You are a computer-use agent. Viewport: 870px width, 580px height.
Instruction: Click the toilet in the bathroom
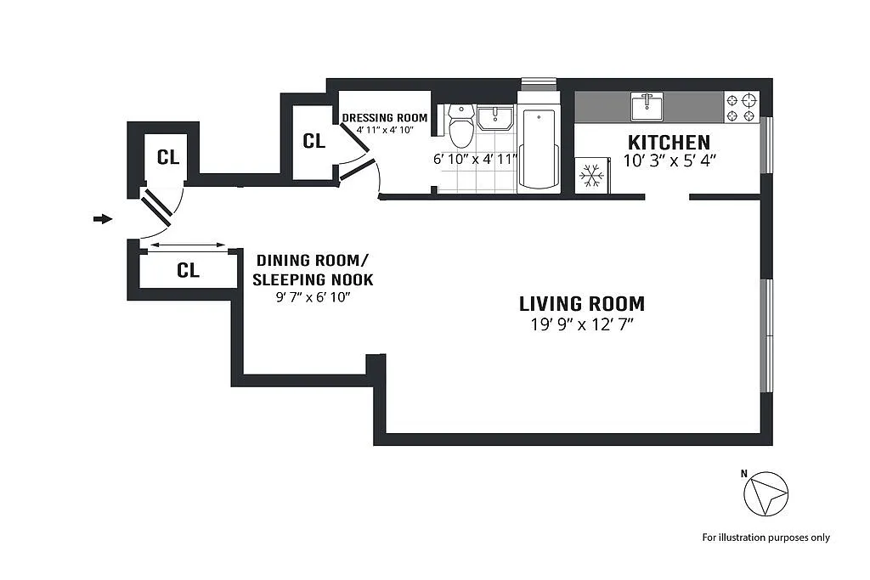coord(460,126)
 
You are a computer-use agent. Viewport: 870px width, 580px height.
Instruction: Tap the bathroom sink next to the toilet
coord(495,118)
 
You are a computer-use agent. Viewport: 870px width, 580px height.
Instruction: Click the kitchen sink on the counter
coord(647,106)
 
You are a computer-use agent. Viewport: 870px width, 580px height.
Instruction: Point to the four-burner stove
coord(741,108)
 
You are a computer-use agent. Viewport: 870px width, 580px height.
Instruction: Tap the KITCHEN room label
coord(669,143)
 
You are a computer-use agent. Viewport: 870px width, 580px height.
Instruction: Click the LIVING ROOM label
coord(582,304)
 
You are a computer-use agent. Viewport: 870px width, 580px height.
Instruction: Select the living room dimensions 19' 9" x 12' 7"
coord(582,324)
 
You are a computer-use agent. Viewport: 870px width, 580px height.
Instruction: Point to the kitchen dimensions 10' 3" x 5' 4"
coord(669,160)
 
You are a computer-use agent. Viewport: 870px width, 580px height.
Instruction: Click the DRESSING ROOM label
coord(385,118)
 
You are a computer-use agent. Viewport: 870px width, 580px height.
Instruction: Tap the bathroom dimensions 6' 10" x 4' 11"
coord(475,159)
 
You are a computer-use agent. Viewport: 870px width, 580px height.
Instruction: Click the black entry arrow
coord(103,219)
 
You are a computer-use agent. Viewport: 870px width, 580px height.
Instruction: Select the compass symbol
coord(765,493)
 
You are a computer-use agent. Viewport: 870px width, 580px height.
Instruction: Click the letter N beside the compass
coord(744,474)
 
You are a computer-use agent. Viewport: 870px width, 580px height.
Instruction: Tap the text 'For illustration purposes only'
coord(766,538)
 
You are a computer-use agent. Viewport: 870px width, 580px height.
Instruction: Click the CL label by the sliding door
coord(188,270)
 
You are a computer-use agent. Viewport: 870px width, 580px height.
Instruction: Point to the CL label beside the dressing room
coord(314,141)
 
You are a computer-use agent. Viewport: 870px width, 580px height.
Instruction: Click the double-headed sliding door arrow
coord(188,245)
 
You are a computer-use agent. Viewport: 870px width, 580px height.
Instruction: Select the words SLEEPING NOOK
coord(313,279)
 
